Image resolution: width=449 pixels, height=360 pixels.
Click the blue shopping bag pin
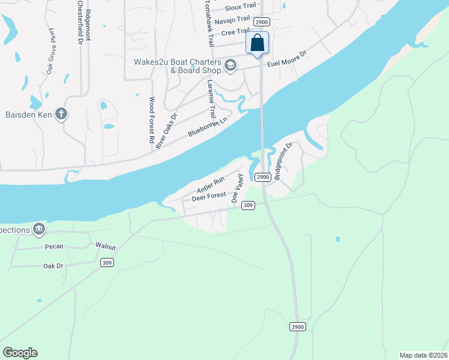257,44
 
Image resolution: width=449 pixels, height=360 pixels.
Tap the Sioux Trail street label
240,8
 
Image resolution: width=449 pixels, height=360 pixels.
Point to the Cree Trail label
235,32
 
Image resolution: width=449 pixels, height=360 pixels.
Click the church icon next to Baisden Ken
61,113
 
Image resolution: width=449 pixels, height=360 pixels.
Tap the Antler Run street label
210,184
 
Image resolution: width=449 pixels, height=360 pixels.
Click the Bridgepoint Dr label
283,161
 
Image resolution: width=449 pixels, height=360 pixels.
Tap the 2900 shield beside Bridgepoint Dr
262,177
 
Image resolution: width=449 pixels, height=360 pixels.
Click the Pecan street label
54,247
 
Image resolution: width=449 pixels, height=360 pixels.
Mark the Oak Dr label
53,266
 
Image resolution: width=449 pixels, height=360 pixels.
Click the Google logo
20,353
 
